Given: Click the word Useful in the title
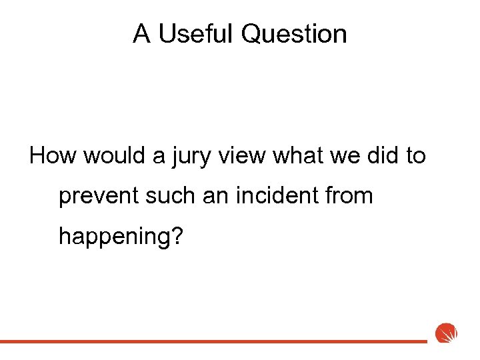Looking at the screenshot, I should [x=197, y=33].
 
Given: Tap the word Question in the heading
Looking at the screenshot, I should [x=294, y=33].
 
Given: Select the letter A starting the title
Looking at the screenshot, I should [x=141, y=33].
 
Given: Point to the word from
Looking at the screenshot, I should [x=350, y=196].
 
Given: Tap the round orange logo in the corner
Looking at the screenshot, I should [x=445, y=333].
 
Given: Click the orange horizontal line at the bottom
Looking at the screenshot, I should [x=213, y=341].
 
